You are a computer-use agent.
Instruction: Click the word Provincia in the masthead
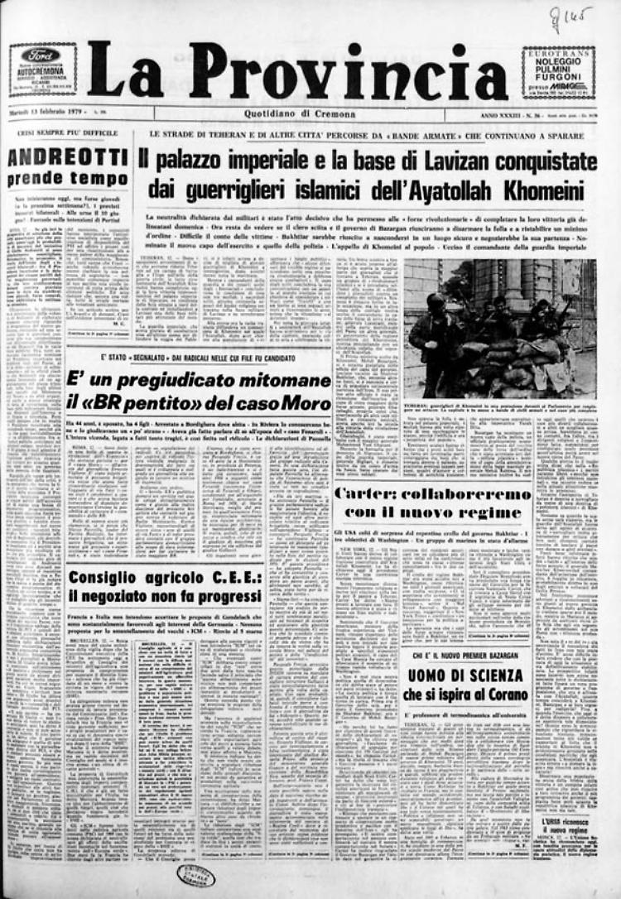coord(348,73)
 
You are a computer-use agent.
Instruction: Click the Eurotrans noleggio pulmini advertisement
coord(558,72)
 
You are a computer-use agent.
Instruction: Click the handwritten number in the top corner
coord(571,16)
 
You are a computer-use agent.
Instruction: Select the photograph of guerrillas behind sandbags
coord(500,329)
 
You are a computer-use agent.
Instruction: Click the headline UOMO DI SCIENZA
coord(464,675)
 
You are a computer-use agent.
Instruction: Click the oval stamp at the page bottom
coord(196,877)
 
